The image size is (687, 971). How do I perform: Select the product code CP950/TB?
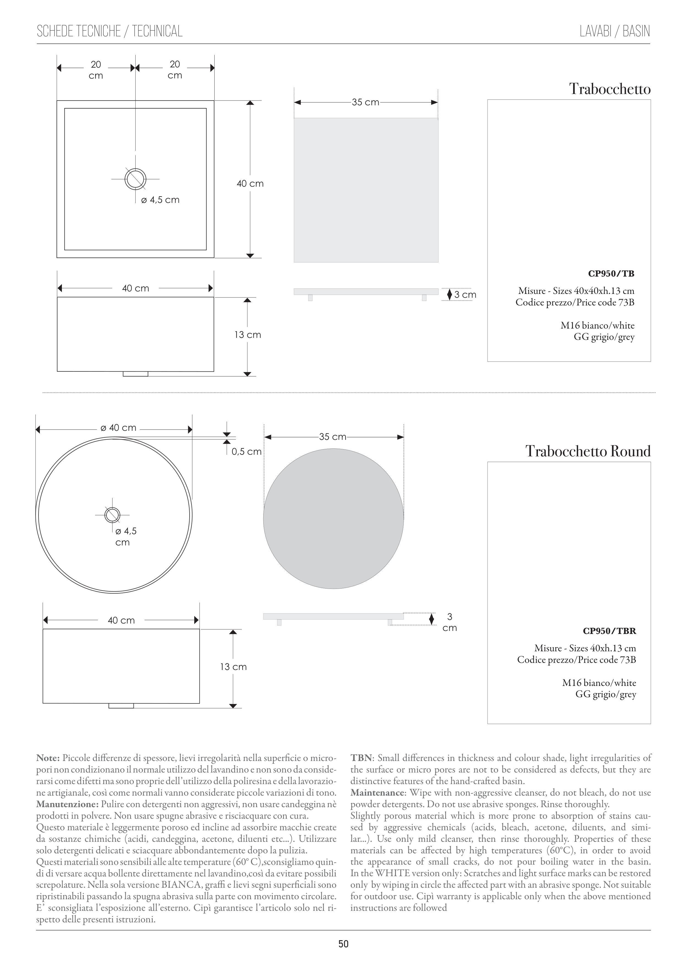[611, 273]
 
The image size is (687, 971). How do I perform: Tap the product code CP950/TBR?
[609, 631]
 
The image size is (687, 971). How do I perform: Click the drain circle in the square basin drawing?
[135, 179]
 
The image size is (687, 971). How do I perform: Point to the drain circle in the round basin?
[112, 515]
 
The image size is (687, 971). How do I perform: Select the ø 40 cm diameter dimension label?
[119, 427]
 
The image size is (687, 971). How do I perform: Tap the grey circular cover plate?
[333, 519]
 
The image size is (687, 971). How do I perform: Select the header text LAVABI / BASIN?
[615, 31]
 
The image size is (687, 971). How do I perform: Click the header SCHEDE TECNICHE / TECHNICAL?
[110, 31]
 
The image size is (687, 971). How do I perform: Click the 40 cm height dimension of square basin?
[250, 184]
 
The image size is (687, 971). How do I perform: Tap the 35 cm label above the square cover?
[365, 102]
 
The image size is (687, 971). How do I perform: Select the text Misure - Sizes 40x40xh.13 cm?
[576, 291]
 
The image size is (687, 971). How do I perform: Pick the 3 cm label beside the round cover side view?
[450, 622]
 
